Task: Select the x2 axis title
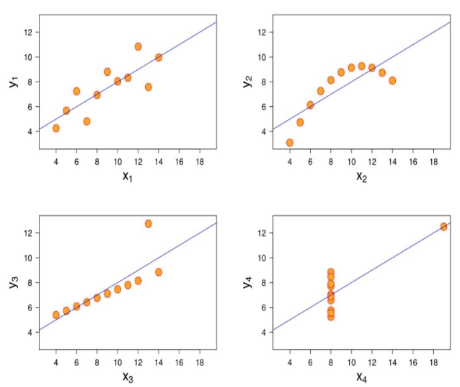361,176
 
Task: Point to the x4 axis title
361,377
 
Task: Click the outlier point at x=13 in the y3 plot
149,224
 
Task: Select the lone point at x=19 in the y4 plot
444,227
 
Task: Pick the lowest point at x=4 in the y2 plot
290,143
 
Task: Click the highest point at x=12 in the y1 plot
138,46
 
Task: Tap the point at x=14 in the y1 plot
159,58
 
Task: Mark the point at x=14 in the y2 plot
392,81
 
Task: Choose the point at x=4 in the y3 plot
56,315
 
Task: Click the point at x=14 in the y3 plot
159,272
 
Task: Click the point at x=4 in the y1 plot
56,129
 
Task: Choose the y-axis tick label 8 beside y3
31,283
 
